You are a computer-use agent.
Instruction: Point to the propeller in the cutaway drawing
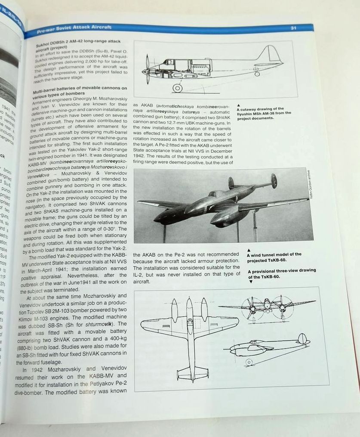pos(147,69)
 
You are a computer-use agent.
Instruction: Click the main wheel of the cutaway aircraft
pos(177,88)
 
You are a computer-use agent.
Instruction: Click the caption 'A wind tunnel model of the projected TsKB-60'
pos(274,257)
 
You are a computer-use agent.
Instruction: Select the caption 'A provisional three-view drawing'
pos(282,273)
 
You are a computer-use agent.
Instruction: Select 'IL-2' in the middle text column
pos(139,274)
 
